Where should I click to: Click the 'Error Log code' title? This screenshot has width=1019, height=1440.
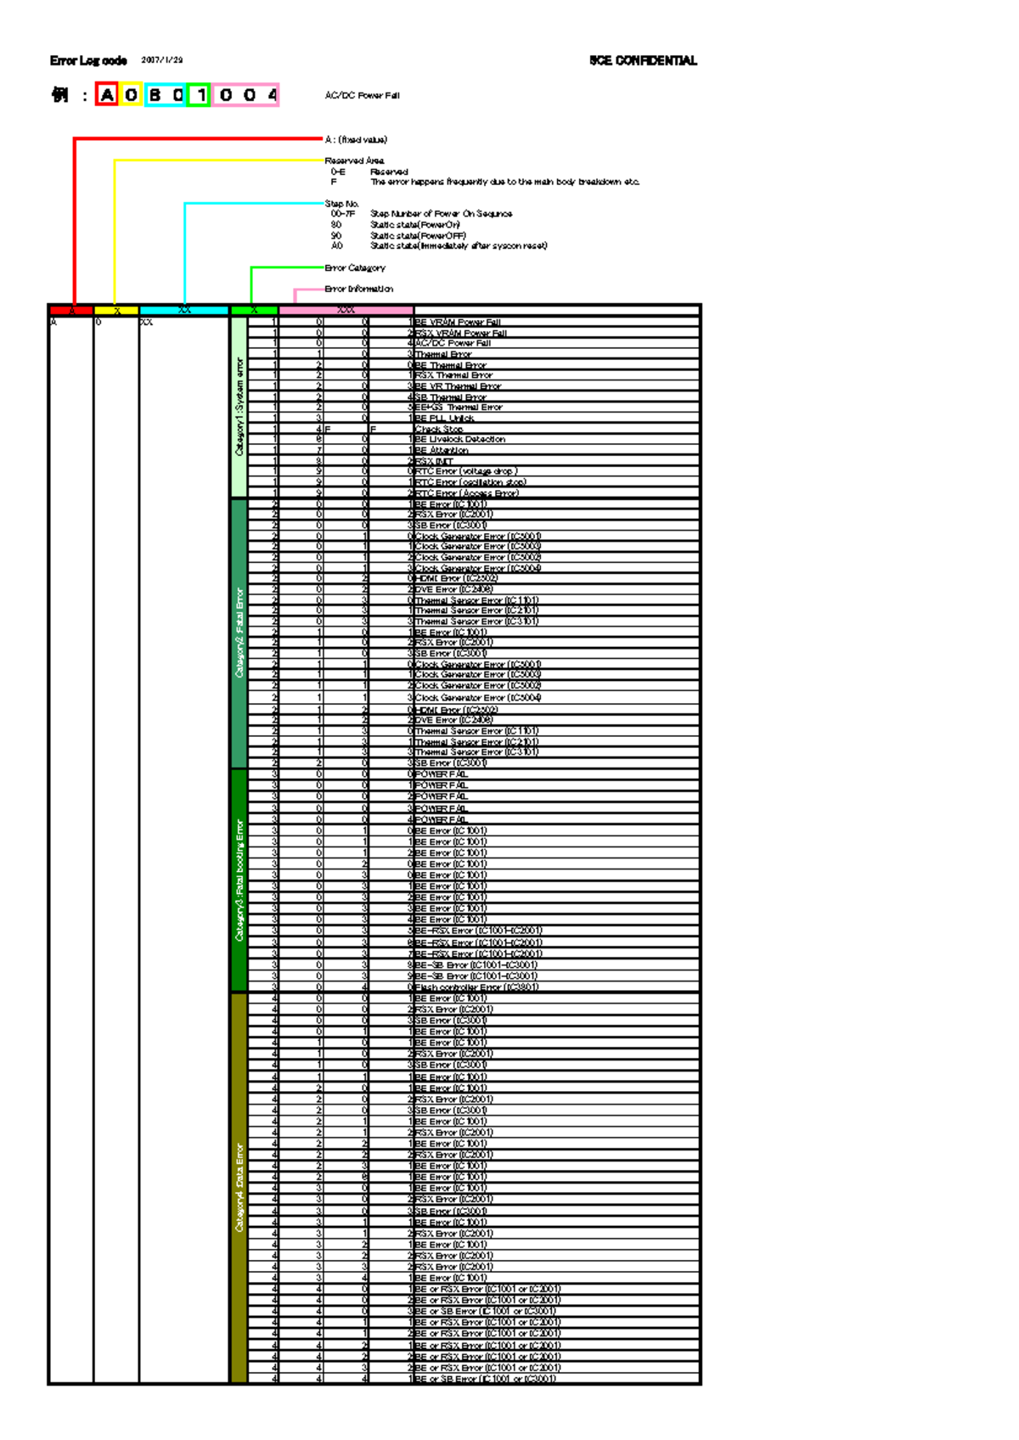click(x=88, y=60)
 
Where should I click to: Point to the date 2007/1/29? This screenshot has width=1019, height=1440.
click(x=161, y=60)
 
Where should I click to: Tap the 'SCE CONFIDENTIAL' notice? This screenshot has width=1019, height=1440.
click(x=643, y=60)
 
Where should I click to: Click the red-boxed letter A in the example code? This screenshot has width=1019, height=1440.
click(x=107, y=95)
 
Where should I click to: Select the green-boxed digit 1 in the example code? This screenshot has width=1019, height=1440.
click(x=200, y=95)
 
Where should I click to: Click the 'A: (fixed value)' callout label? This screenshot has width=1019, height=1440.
click(x=356, y=139)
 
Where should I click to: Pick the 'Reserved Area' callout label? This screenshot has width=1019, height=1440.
click(x=354, y=160)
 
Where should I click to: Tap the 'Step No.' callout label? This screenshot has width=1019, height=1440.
click(x=342, y=204)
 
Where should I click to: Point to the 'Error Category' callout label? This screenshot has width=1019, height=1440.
click(x=355, y=267)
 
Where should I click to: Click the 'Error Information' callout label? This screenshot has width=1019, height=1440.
click(x=358, y=289)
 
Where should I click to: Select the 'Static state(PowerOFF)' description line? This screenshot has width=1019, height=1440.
click(x=419, y=235)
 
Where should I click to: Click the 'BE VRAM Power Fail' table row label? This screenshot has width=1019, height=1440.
click(x=458, y=323)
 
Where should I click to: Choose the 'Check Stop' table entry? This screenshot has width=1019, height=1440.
click(x=439, y=429)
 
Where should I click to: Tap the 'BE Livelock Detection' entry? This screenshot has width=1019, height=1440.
click(x=460, y=439)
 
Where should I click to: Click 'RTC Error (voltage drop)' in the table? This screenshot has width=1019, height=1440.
click(x=466, y=471)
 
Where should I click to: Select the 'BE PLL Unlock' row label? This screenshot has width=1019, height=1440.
click(x=445, y=418)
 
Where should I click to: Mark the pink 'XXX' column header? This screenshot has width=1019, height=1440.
click(x=346, y=310)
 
